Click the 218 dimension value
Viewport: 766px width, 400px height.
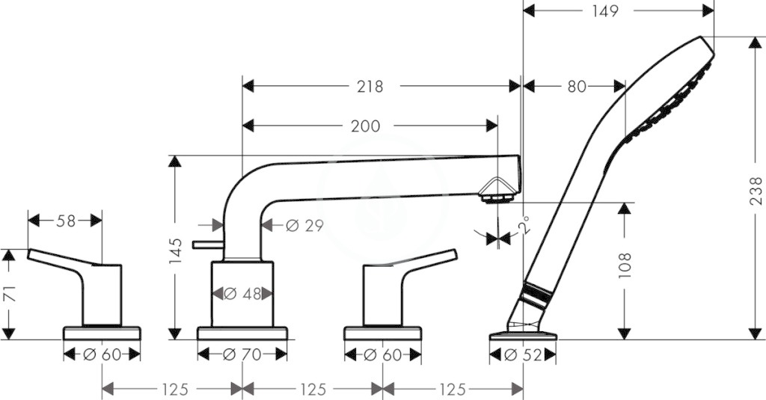(x=370, y=87)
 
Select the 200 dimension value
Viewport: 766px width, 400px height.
(x=365, y=126)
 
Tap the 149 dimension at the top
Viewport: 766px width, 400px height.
(x=605, y=10)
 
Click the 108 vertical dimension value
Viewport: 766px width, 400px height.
(x=625, y=265)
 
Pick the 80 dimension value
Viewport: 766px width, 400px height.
(x=577, y=87)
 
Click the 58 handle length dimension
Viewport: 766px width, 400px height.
(x=66, y=221)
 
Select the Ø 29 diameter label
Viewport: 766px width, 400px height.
(x=304, y=225)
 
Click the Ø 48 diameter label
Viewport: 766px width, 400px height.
(x=242, y=294)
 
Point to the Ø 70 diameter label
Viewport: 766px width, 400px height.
(x=242, y=354)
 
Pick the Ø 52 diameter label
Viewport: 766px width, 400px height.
(x=523, y=354)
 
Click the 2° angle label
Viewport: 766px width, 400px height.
(x=525, y=226)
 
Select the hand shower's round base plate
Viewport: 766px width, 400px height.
(x=523, y=336)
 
